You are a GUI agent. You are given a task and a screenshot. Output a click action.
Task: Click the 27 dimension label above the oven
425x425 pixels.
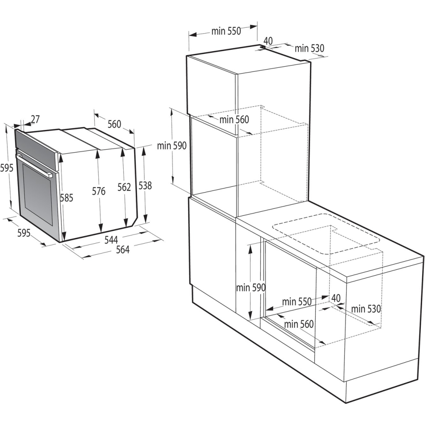pyautogui.click(x=35, y=120)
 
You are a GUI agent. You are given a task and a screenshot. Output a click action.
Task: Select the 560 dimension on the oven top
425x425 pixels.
pyautogui.click(x=114, y=124)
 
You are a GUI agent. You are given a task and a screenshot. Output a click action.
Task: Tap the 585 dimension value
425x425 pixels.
pyautogui.click(x=66, y=198)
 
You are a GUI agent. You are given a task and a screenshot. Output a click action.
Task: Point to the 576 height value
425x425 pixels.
pyautogui.click(x=99, y=191)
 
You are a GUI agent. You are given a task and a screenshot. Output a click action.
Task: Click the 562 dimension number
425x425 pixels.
pyautogui.click(x=124, y=187)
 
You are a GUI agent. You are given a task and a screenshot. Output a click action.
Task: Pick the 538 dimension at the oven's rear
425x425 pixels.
pyautogui.click(x=145, y=186)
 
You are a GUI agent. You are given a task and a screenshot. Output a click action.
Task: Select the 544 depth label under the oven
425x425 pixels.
pyautogui.click(x=111, y=239)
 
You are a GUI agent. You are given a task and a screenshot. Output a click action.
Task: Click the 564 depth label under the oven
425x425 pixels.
pyautogui.click(x=122, y=249)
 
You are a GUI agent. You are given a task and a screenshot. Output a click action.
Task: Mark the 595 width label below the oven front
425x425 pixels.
pyautogui.click(x=24, y=233)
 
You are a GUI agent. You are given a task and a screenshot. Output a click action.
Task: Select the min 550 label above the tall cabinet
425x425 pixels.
pyautogui.click(x=226, y=32)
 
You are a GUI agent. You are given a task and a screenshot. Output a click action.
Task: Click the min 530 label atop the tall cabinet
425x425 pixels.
pyautogui.click(x=309, y=48)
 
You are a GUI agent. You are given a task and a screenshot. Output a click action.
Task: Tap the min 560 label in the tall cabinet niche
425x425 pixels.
pyautogui.click(x=234, y=120)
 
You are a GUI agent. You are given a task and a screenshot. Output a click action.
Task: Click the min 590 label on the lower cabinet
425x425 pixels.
pyautogui.click(x=251, y=287)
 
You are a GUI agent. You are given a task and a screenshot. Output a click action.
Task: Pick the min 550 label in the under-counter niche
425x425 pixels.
pyautogui.click(x=296, y=302)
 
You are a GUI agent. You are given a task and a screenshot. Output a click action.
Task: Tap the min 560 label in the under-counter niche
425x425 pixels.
pyautogui.click(x=299, y=324)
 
